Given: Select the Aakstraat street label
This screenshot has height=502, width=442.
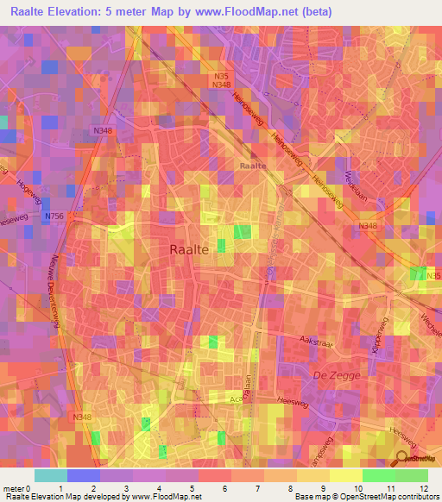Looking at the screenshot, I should click(x=316, y=342).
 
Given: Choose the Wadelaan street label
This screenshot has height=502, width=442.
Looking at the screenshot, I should click(x=356, y=173).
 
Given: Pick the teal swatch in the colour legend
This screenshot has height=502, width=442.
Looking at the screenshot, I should click(x=50, y=475).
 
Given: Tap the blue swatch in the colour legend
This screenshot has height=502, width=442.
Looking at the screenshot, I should click(x=83, y=475).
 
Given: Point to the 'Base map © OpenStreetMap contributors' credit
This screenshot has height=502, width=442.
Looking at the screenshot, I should click(x=365, y=496).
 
